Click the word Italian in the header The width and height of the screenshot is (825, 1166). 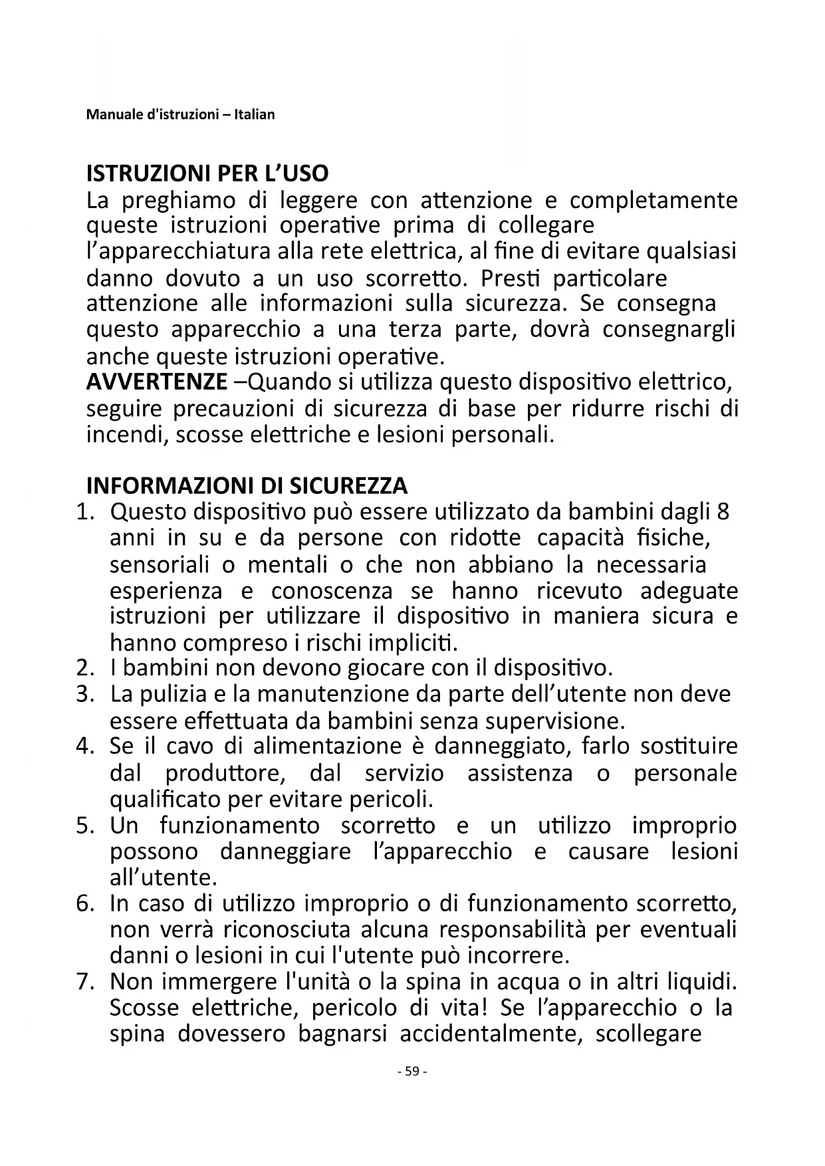[x=253, y=114]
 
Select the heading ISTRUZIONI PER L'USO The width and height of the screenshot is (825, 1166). [x=207, y=174]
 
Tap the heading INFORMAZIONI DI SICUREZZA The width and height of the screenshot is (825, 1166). [x=247, y=486]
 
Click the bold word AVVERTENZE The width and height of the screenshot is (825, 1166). [x=157, y=382]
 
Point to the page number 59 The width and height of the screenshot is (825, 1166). [x=412, y=1071]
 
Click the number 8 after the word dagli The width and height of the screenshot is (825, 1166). [x=723, y=512]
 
